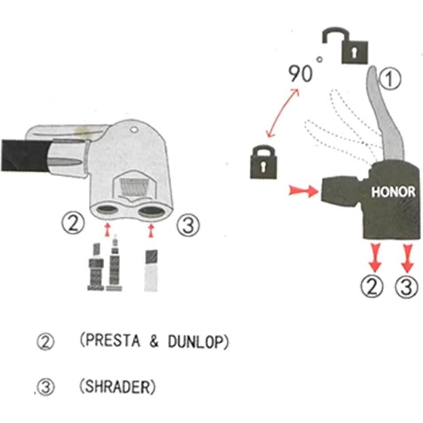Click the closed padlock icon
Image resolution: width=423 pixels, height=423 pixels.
click(x=264, y=162)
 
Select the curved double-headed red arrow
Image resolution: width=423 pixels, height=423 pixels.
click(x=282, y=113)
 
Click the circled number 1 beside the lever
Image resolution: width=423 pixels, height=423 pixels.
click(x=390, y=79)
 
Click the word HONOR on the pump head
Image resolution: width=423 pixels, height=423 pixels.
click(x=393, y=192)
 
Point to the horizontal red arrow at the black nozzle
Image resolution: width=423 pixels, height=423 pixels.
click(x=304, y=191)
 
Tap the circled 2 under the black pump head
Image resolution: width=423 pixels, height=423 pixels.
click(x=372, y=287)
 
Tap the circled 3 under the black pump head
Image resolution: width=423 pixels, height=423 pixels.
click(x=407, y=287)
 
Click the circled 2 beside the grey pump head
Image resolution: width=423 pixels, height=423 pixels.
click(x=73, y=224)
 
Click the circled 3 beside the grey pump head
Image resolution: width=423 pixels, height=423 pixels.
click(x=188, y=225)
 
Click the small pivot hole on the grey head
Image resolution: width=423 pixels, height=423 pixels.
click(x=134, y=130)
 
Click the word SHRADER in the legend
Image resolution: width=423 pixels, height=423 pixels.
click(x=118, y=387)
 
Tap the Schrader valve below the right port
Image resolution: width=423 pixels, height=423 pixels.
click(x=151, y=271)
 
